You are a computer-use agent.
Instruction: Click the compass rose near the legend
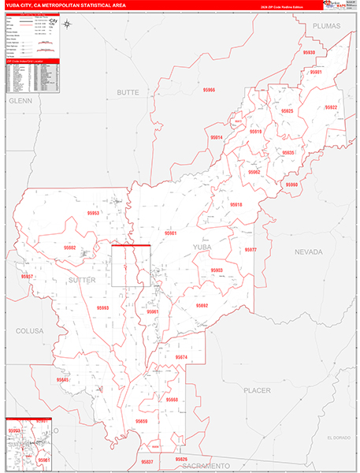68,23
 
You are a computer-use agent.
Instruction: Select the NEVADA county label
310,251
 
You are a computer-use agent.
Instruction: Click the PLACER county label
257,390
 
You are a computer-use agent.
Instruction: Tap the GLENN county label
19,101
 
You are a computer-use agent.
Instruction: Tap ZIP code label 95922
330,107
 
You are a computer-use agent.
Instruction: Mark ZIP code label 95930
308,53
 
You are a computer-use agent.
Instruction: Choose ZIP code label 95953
93,214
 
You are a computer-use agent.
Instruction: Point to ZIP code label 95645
63,380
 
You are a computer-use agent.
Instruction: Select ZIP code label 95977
251,250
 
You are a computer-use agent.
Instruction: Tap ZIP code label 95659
142,422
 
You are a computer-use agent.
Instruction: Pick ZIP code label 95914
216,138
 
